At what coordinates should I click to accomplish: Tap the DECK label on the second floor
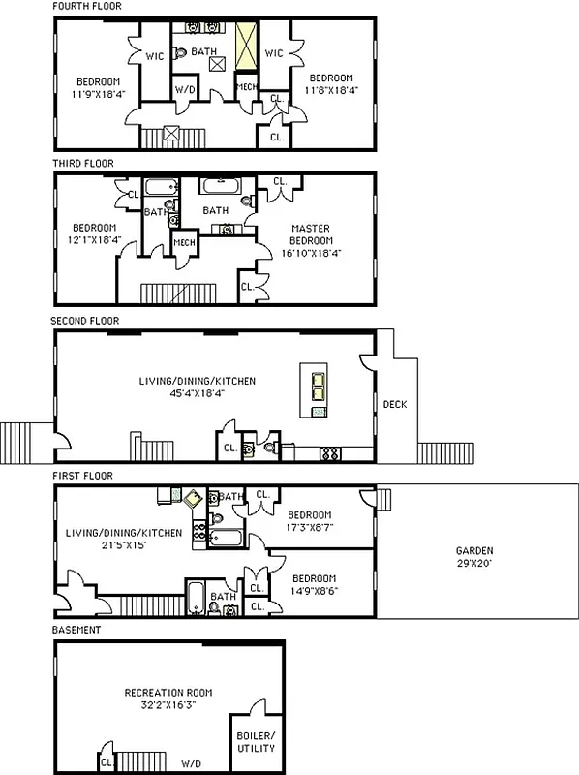[x=394, y=405]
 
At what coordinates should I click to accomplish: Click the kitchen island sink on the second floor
[x=317, y=390]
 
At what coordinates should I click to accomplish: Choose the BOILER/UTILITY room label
[x=256, y=741]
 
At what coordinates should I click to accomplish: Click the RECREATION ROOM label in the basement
[x=168, y=698]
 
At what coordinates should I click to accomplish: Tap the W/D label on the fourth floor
[x=185, y=89]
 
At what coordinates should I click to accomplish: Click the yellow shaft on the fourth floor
[x=249, y=46]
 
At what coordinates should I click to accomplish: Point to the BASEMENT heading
[x=76, y=631]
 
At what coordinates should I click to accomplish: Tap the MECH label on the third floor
[x=184, y=242]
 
